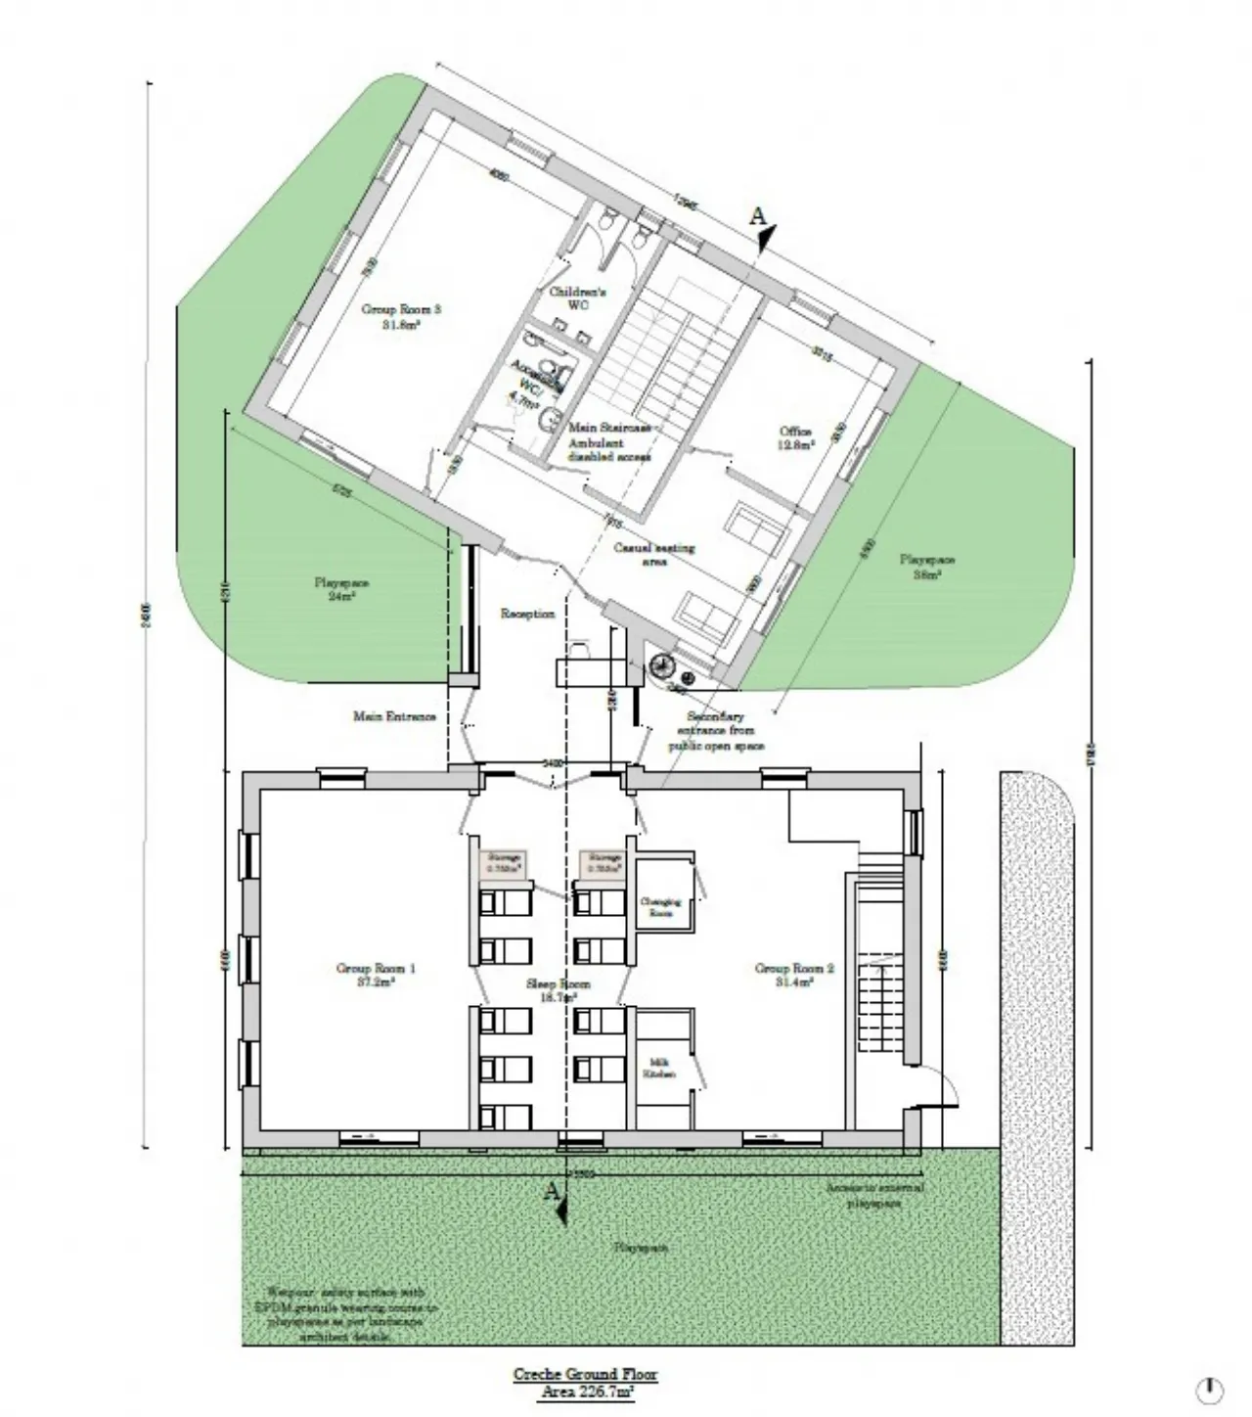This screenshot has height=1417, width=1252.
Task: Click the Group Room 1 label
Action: pyautogui.click(x=377, y=975)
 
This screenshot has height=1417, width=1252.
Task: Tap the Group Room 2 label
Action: pyautogui.click(x=794, y=975)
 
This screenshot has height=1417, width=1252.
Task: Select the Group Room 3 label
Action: pyautogui.click(x=401, y=316)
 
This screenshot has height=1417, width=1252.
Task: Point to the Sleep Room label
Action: pyautogui.click(x=559, y=990)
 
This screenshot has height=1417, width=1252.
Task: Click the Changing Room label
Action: pyautogui.click(x=660, y=906)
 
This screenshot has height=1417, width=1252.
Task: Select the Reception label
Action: pyautogui.click(x=527, y=615)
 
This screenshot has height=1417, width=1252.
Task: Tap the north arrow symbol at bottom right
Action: pyautogui.click(x=1211, y=1389)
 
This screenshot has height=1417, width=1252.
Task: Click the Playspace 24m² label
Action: pyautogui.click(x=341, y=589)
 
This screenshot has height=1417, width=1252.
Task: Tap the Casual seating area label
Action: pyautogui.click(x=654, y=555)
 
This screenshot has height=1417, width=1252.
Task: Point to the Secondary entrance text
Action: pyautogui.click(x=716, y=731)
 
